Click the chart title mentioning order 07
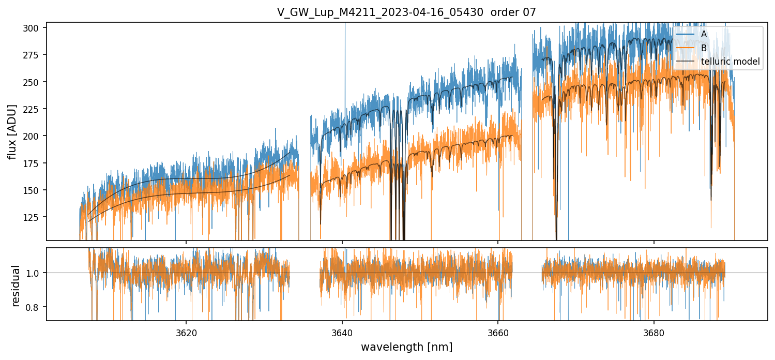[x=406, y=12]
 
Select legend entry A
[x=704, y=34]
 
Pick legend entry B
[x=704, y=48]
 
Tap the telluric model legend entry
[x=730, y=62]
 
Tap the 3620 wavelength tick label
[x=186, y=332]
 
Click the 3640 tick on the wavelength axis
[x=342, y=332]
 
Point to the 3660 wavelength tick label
[x=498, y=332]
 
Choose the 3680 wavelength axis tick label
[x=654, y=332]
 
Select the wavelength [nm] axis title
[x=406, y=347]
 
